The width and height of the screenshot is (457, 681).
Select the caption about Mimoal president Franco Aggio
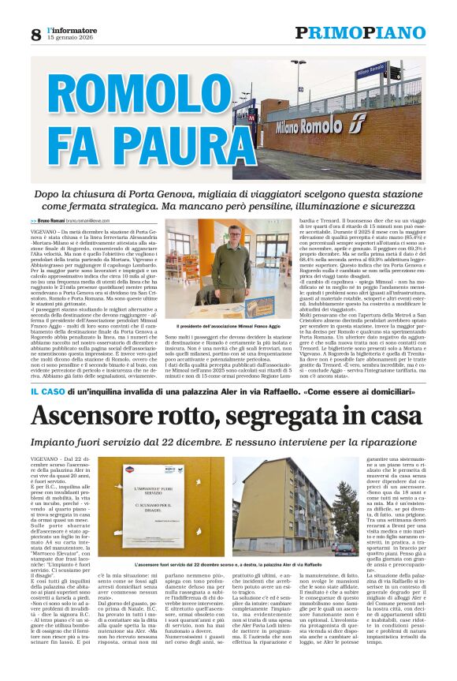click(228, 326)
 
